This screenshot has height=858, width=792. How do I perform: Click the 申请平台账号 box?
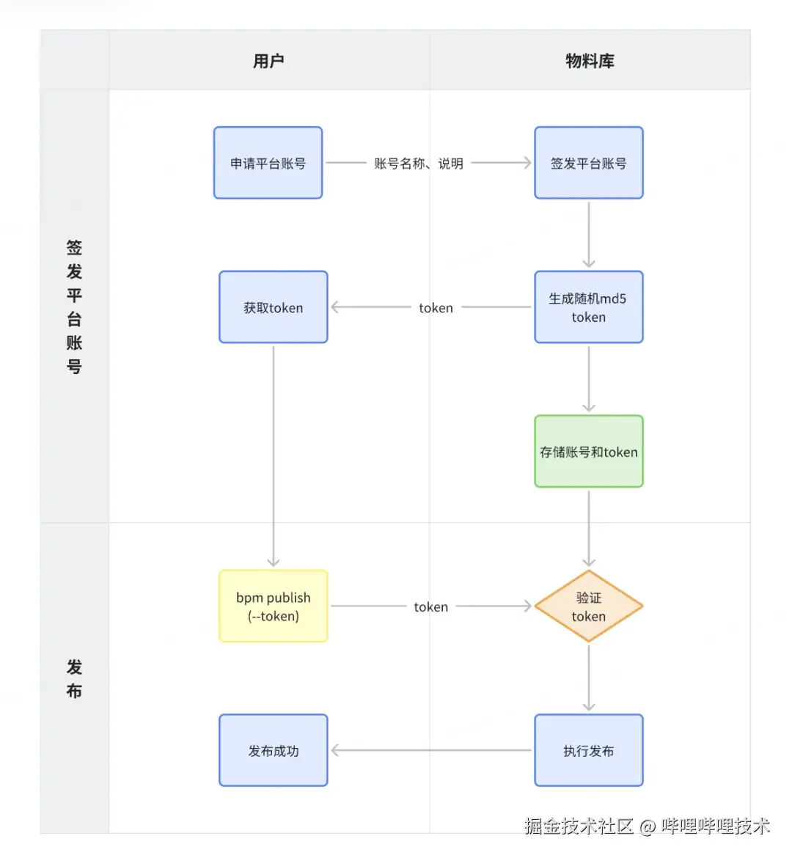[268, 163]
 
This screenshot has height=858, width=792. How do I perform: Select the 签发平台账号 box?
[588, 163]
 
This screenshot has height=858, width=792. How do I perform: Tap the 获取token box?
[273, 307]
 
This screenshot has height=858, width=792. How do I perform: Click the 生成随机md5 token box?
[588, 307]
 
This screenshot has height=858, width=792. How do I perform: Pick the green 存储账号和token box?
[588, 452]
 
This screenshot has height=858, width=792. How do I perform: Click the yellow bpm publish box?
[273, 606]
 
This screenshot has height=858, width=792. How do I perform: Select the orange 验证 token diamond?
[588, 606]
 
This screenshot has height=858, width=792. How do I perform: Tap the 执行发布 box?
[588, 751]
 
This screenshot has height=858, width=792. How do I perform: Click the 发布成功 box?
[273, 751]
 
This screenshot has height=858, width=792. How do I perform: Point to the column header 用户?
[268, 61]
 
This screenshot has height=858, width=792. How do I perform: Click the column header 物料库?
[590, 61]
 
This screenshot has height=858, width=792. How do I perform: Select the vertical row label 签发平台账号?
[74, 307]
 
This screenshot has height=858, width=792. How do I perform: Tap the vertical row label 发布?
[74, 678]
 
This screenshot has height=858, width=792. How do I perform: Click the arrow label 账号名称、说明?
[418, 164]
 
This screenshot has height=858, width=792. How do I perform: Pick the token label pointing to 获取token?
[436, 308]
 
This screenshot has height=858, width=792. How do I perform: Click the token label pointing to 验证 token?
[430, 607]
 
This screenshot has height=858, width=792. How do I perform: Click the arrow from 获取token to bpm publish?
[274, 455]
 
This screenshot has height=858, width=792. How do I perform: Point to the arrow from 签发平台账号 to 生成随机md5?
[589, 235]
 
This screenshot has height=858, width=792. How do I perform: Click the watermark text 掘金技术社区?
[579, 826]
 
